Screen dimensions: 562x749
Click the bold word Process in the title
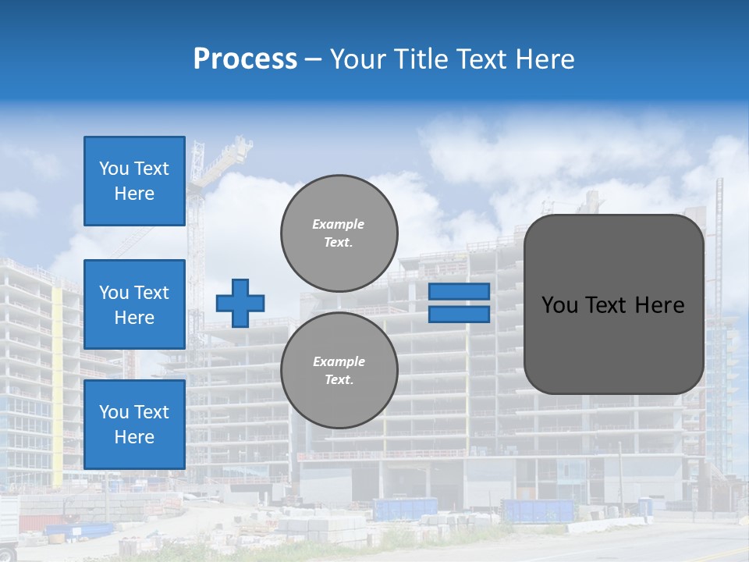tap(245, 59)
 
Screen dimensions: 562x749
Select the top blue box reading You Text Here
tap(134, 181)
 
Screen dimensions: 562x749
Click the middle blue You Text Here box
tap(134, 304)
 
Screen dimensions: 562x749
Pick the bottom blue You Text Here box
tap(134, 425)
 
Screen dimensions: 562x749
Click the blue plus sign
tap(240, 303)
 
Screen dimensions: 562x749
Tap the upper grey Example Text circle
tap(339, 233)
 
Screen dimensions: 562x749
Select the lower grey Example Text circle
tap(339, 370)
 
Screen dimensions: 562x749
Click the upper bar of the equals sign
tap(459, 291)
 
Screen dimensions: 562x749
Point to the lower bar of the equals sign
tap(459, 314)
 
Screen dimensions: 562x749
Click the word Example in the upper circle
tap(339, 224)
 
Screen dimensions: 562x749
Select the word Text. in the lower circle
tap(339, 380)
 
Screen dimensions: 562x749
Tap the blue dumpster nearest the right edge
tap(538, 510)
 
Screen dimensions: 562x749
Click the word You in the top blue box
tap(113, 169)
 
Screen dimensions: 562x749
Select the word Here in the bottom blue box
tap(134, 437)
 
